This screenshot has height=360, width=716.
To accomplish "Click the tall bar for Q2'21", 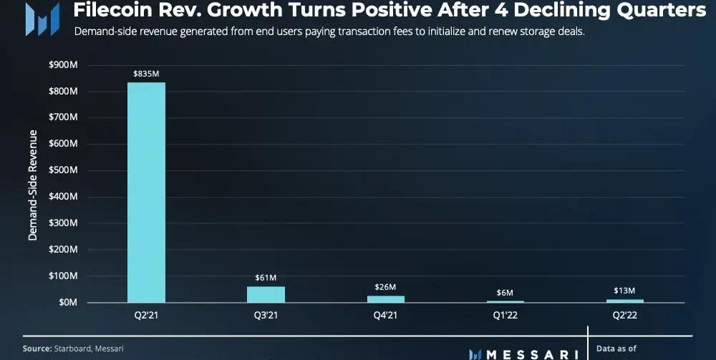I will click(x=146, y=192).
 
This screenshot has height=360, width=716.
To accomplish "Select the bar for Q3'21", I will click(x=266, y=294).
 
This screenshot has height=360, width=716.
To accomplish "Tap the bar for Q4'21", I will click(x=385, y=298).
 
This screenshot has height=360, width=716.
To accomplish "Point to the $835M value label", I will click(x=146, y=74).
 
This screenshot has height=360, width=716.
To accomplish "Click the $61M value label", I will click(x=266, y=277).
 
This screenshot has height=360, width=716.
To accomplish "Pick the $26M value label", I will click(x=385, y=286).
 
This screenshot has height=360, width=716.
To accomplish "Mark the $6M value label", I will click(x=505, y=292).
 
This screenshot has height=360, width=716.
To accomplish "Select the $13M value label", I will click(x=624, y=290).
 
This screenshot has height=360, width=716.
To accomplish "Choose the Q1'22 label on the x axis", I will click(x=505, y=315).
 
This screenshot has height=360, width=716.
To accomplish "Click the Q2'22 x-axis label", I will click(x=624, y=315).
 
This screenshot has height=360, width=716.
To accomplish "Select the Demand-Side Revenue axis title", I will click(x=33, y=185).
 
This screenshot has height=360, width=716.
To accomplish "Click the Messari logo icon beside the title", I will click(x=42, y=18).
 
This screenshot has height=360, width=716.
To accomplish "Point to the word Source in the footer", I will click(x=37, y=348).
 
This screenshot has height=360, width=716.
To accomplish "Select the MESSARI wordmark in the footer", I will click(x=531, y=354).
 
